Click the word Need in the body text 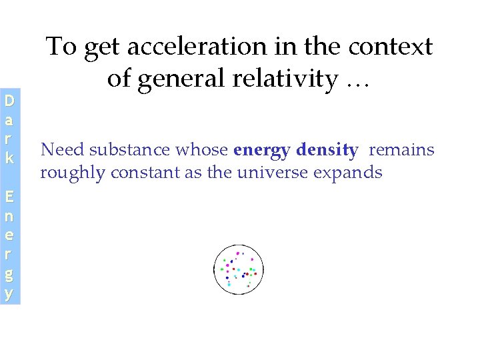56,151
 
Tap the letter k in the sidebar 9,159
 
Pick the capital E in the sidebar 9,196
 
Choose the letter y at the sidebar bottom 9,293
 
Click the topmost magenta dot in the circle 238,253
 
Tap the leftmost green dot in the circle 222,269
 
